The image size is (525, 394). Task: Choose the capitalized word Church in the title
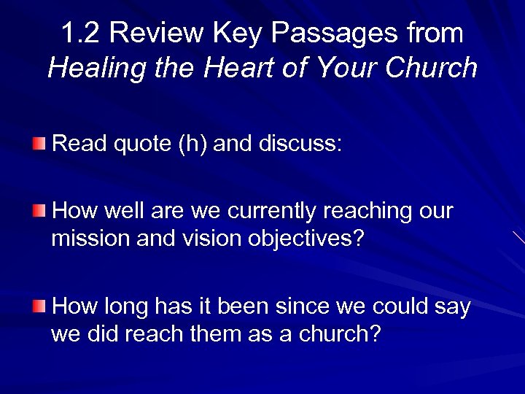click(x=432, y=68)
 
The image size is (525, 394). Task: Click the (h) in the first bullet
click(x=194, y=143)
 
